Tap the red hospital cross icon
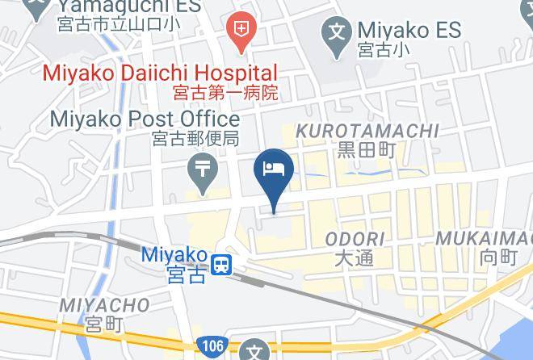pos(241,31)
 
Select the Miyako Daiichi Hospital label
pos(160,73)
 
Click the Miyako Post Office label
pos(145,119)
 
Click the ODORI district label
pos(355,239)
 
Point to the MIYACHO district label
pos(104,305)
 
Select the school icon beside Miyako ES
pos(334,32)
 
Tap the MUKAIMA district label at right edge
pos(485,239)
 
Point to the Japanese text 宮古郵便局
pos(195,138)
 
